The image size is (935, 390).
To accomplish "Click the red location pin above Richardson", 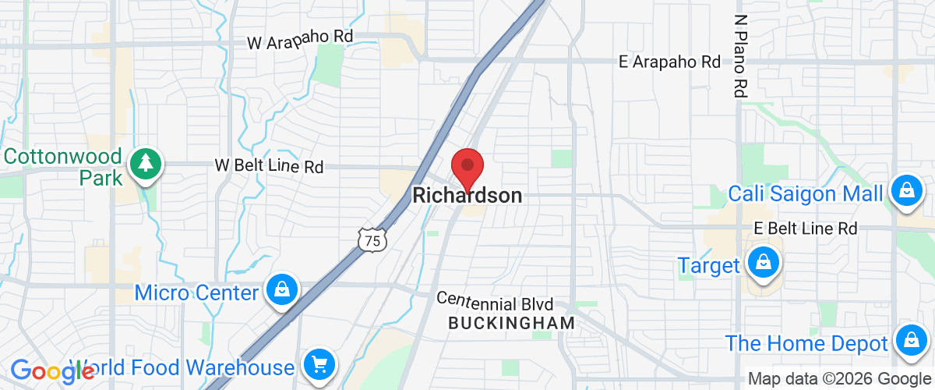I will click(x=467, y=166).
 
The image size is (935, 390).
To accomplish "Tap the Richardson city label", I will click(x=467, y=195).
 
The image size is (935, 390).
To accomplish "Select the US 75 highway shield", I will click(x=372, y=240).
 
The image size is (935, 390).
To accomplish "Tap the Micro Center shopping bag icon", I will click(x=282, y=290).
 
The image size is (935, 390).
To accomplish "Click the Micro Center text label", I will click(x=196, y=292).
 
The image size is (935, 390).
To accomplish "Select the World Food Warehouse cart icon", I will click(x=318, y=364).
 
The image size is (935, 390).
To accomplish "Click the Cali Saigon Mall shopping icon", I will click(x=906, y=190).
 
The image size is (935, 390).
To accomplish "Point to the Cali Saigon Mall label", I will click(x=806, y=193).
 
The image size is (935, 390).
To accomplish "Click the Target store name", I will click(x=708, y=265).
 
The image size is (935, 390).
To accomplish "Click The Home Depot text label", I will click(x=806, y=343).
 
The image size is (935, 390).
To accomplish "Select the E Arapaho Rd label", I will click(x=669, y=62).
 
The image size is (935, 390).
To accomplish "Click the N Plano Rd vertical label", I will click(x=739, y=55).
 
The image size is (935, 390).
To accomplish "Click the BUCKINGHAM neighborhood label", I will click(x=512, y=322).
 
